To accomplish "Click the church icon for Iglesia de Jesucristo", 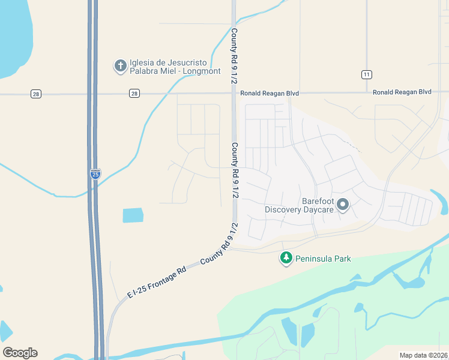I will pos(120,65).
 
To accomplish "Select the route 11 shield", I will pos(366,74).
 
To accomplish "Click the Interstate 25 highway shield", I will pos(95,173).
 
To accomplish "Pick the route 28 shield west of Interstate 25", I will pos(37,94).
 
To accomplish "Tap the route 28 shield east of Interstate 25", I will pos(134,94).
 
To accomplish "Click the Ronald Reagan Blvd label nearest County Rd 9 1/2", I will pos(270,94).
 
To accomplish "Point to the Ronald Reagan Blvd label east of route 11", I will pos(402,92).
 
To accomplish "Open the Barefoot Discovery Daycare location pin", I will pos(343,205).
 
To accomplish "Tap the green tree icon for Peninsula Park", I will pos(286,258).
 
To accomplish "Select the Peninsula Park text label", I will pos(323,259).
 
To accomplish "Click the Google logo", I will pos(20,353).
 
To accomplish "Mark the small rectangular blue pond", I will pos(133,215).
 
